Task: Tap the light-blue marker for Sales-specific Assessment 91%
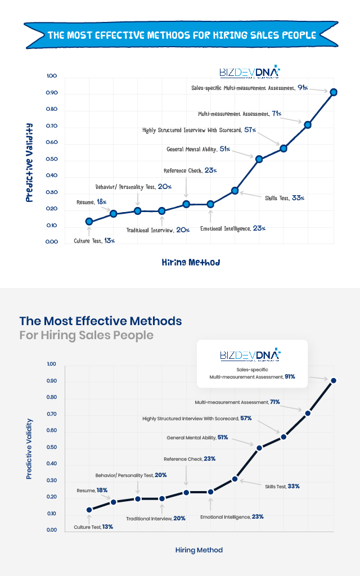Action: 333,92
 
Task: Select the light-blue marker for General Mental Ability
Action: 259,159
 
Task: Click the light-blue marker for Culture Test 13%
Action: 89,222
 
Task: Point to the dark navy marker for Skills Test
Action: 235,479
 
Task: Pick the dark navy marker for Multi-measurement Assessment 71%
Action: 308,413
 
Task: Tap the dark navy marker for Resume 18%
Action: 113,502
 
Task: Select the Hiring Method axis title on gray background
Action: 199,550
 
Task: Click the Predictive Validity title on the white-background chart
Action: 30,163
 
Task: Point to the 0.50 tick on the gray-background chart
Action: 52,448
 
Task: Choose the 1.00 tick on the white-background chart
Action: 52,76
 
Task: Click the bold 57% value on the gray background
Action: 246,418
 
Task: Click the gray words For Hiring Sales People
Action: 86,335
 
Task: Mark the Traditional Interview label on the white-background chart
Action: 150,230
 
